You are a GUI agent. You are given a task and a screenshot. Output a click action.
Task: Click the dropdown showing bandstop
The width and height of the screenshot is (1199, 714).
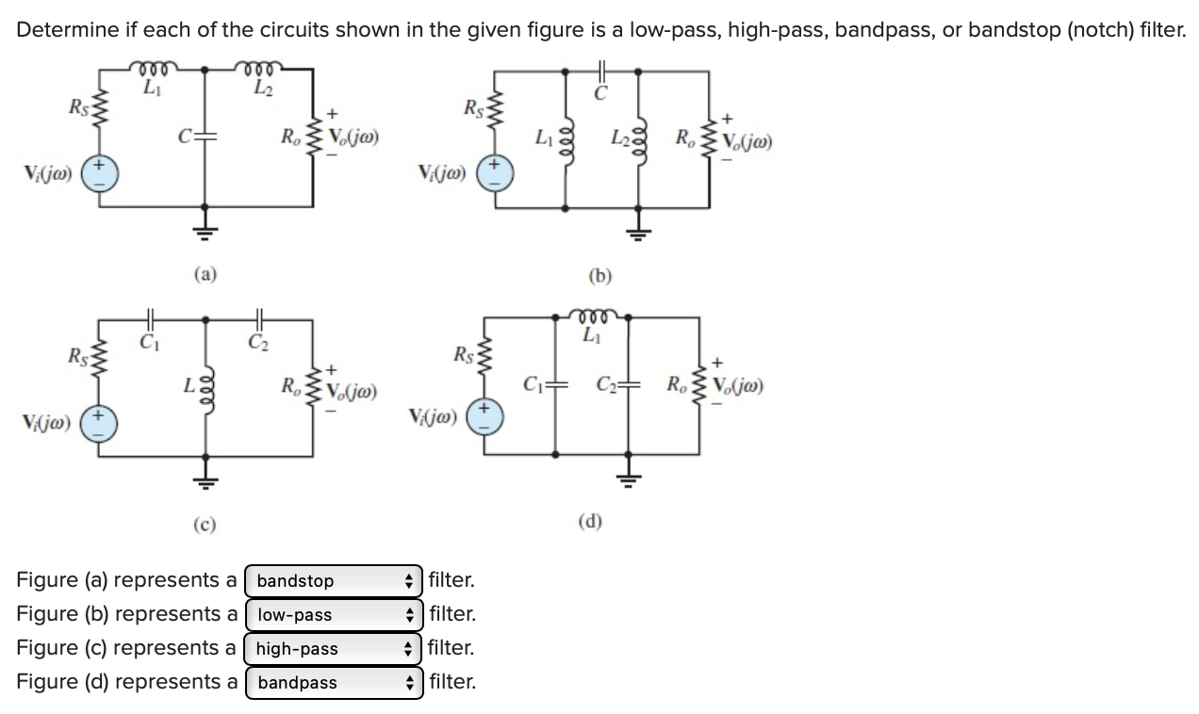click(335, 581)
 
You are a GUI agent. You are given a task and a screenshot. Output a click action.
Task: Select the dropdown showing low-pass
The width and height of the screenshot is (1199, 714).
click(335, 615)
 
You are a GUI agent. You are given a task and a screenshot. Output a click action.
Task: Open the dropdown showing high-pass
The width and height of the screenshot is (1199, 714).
click(335, 649)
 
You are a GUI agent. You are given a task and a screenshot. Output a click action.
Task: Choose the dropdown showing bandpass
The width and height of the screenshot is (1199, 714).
click(335, 683)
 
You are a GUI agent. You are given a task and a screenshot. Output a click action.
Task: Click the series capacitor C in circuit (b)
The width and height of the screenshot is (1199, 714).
click(601, 71)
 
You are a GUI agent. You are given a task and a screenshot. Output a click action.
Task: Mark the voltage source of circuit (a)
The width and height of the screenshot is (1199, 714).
click(104, 177)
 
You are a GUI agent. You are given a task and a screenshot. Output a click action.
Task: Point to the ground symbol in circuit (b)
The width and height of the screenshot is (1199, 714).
click(639, 232)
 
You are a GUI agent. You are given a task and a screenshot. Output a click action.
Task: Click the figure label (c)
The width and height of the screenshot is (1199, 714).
click(205, 524)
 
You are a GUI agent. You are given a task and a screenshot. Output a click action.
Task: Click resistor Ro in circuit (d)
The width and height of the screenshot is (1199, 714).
click(698, 386)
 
